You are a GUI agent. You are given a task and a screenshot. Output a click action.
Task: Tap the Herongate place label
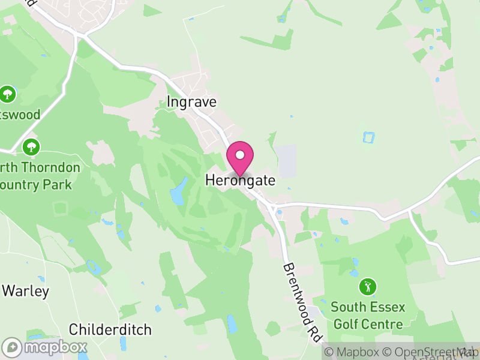pyautogui.click(x=240, y=180)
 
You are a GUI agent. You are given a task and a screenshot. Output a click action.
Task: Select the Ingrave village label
pyautogui.click(x=191, y=102)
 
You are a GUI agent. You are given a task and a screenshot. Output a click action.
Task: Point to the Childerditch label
pyautogui.click(x=110, y=329)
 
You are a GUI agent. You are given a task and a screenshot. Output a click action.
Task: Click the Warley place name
pyautogui.click(x=25, y=291)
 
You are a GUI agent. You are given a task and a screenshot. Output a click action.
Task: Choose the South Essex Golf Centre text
pyautogui.click(x=368, y=316)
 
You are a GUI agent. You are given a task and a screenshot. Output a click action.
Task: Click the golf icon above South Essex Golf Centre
pyautogui.click(x=368, y=286)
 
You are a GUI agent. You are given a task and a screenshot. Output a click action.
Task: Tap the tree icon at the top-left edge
pyautogui.click(x=8, y=94)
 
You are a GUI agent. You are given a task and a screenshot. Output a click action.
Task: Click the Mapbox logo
pyautogui.click(x=45, y=347)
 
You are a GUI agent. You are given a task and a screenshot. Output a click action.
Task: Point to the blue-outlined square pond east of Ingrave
pyautogui.click(x=368, y=137)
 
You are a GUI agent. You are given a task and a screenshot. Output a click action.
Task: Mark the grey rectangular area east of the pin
pyautogui.click(x=288, y=161)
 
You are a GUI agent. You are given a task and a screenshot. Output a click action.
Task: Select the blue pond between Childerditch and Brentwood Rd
pyautogui.click(x=232, y=325)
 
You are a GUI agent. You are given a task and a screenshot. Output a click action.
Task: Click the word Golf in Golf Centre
pyautogui.click(x=347, y=325)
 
